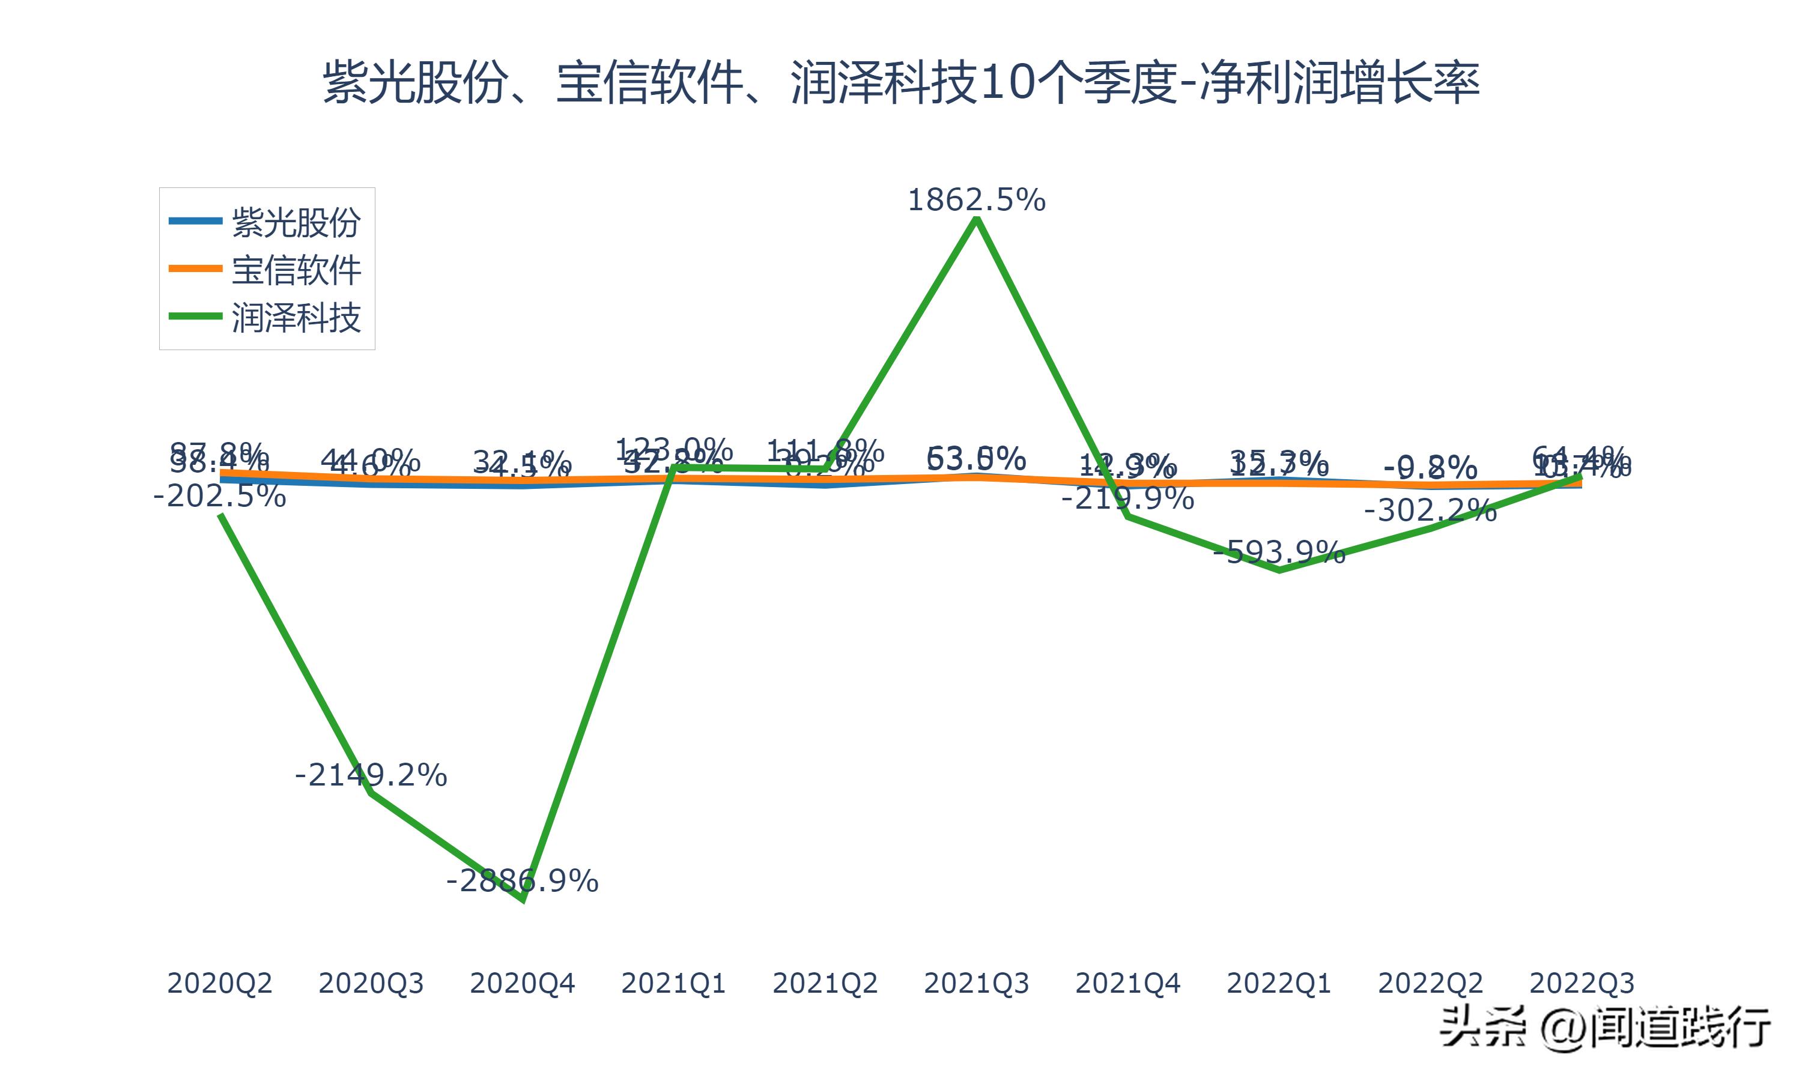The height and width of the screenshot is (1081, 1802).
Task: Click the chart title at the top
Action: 901,82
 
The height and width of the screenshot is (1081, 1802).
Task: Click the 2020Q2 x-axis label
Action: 220,983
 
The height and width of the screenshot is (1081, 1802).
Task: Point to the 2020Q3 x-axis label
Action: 371,983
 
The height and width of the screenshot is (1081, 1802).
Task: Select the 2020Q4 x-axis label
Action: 522,983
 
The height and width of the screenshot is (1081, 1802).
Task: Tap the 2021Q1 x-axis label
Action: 674,983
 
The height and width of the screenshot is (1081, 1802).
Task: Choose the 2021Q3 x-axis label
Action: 977,983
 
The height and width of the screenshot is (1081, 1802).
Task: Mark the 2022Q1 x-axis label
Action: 1279,983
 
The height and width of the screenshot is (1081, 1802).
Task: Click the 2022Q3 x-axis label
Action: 1582,983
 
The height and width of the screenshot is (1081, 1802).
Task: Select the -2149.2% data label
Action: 371,775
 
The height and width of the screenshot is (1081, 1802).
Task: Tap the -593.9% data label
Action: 1279,552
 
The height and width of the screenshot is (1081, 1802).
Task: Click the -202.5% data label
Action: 220,497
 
